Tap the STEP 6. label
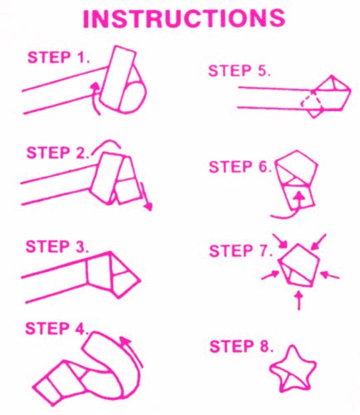tap(241, 166)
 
